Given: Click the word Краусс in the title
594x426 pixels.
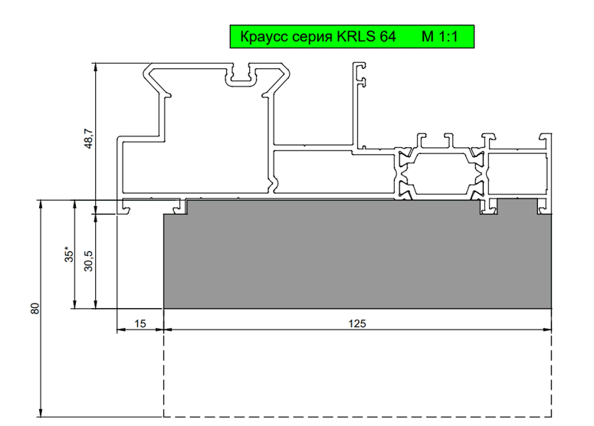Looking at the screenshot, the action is pyautogui.click(x=264, y=37).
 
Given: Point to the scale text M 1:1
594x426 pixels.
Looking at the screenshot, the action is pyautogui.click(x=440, y=37).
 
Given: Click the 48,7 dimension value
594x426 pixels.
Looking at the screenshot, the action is pyautogui.click(x=88, y=138).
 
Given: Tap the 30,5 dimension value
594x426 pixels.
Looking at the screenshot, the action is pyautogui.click(x=88, y=261).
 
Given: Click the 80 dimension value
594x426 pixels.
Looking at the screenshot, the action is pyautogui.click(x=34, y=308).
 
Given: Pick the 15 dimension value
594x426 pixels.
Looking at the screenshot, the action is pyautogui.click(x=140, y=324).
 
